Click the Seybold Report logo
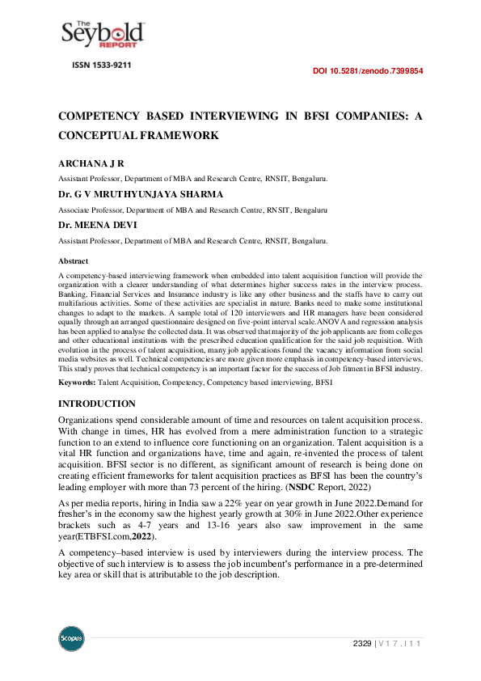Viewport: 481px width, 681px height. point(103,33)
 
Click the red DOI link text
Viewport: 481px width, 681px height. point(368,71)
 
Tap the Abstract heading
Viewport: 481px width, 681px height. point(74,262)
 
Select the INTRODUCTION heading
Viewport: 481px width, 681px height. point(97,404)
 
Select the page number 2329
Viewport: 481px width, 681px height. point(362,643)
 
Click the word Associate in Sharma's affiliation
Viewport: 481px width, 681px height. point(74,209)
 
